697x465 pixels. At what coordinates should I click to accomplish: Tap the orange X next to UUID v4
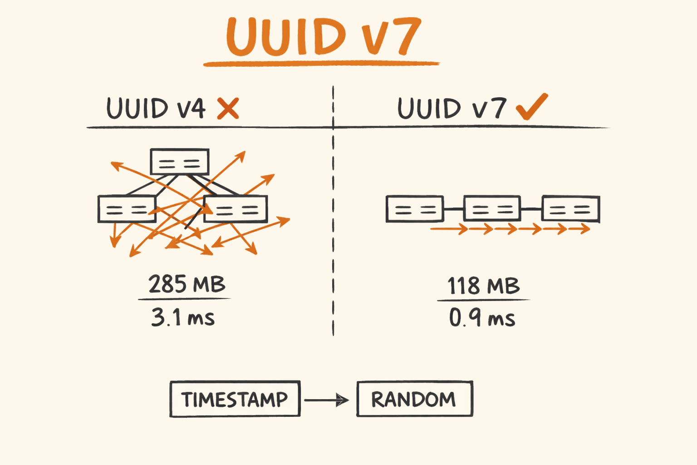228,108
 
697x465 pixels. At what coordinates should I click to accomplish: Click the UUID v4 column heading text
156,109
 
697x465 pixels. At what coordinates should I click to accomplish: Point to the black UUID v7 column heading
452,109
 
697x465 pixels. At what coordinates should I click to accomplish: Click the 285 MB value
187,284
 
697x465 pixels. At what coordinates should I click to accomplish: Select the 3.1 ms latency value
183,317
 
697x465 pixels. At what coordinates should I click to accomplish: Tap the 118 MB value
483,286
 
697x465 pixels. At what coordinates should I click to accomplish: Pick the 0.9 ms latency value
482,317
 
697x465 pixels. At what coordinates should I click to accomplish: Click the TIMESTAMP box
235,399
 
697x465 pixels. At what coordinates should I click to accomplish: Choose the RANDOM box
414,399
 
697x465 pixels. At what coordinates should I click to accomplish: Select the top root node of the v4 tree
180,162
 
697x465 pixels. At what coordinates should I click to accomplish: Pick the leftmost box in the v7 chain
415,209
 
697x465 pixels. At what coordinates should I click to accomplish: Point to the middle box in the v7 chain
492,209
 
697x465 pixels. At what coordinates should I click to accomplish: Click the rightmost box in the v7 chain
571,209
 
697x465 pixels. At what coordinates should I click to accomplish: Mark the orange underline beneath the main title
321,64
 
